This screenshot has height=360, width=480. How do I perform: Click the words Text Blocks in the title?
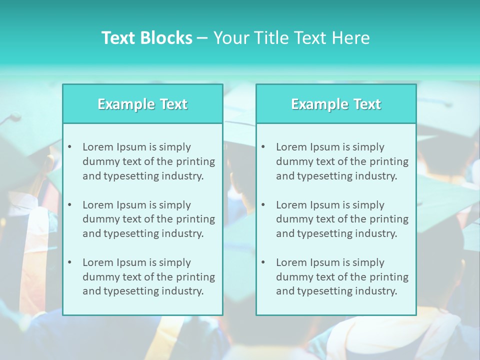[x=146, y=38]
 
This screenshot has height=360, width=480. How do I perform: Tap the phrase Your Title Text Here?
[x=291, y=38]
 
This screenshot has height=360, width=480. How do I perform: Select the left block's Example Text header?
[x=142, y=104]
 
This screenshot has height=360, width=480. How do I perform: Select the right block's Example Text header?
[x=336, y=104]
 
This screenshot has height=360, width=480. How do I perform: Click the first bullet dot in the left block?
[x=69, y=147]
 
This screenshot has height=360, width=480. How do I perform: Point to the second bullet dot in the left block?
[x=69, y=205]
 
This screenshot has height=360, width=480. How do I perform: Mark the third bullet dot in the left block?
[x=69, y=262]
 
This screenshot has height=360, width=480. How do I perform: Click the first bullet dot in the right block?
[x=263, y=147]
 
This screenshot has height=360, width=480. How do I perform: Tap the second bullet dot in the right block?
[x=263, y=205]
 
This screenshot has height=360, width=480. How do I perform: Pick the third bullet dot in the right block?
[x=263, y=262]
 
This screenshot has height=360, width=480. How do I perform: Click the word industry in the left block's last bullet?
[x=182, y=291]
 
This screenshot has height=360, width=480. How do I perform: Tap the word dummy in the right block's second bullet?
[x=292, y=219]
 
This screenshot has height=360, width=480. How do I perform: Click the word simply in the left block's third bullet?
[x=175, y=262]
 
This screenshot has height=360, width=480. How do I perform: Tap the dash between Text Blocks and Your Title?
[x=202, y=38]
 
